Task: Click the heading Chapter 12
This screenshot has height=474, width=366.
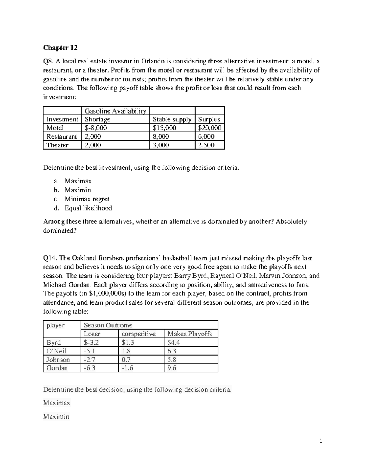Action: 60,48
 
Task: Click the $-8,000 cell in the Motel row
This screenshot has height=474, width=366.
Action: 96,128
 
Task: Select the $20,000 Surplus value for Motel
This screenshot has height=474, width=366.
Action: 210,128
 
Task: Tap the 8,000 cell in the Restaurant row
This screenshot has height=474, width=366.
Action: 161,136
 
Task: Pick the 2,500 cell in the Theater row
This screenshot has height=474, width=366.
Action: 206,145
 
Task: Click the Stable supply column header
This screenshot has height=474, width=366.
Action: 172,119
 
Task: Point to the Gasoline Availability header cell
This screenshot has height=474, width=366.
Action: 115,111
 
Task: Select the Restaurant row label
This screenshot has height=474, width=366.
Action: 62,136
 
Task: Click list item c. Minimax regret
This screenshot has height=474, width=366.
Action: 87,199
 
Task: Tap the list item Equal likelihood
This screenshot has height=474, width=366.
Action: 88,208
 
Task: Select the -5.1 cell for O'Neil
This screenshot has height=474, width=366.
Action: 89,351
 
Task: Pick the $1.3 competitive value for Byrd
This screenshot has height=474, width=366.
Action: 128,342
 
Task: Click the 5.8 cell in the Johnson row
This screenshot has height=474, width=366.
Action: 172,360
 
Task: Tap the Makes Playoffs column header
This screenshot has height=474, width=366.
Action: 189,334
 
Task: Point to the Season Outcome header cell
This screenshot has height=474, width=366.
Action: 108,325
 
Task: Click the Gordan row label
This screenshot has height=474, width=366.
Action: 57,368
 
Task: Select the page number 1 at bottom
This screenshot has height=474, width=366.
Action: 321,441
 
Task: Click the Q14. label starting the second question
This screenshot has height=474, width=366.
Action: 50,258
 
